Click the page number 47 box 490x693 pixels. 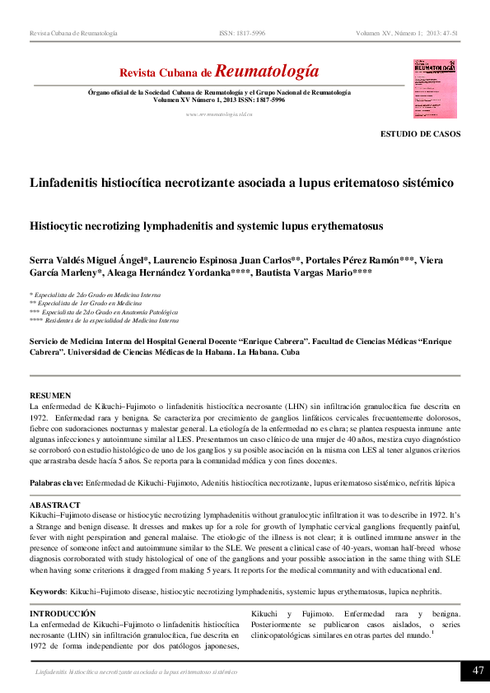pyautogui.click(x=475, y=671)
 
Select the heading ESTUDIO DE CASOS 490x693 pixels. pyautogui.click(x=420, y=133)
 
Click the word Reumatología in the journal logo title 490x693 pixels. pyautogui.click(x=267, y=72)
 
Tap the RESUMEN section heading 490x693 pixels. pyautogui.click(x=50, y=396)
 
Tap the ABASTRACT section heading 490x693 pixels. pyautogui.click(x=55, y=505)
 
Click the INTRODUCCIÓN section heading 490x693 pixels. pyautogui.click(x=63, y=614)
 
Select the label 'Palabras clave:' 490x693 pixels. pyautogui.click(x=56, y=482)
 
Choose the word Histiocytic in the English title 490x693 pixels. pyautogui.click(x=63, y=225)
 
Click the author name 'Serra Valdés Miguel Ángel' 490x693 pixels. pyautogui.click(x=88, y=261)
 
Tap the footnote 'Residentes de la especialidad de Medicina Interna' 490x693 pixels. pyautogui.click(x=111, y=322)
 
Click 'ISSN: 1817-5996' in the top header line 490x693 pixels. pyautogui.click(x=242, y=34)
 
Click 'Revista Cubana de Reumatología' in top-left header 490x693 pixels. pyautogui.click(x=73, y=34)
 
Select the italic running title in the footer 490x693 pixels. pyautogui.click(x=136, y=672)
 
